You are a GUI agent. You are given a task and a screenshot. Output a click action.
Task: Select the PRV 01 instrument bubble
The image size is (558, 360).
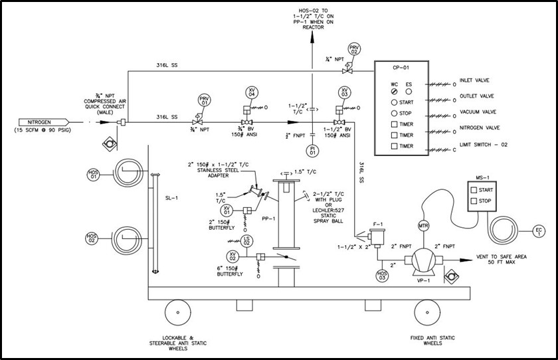204,101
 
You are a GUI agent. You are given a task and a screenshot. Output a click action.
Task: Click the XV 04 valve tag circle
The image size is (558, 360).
252,94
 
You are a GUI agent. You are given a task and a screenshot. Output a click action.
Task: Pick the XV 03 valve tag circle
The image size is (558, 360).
344,92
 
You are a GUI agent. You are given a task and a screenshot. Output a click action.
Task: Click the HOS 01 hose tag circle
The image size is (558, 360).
93,174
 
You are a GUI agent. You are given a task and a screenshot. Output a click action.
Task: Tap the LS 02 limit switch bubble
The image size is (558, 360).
246,240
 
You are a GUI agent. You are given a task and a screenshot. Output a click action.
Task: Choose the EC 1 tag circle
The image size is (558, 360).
539,231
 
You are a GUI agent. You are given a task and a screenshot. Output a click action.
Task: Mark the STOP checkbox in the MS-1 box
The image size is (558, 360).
474,201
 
